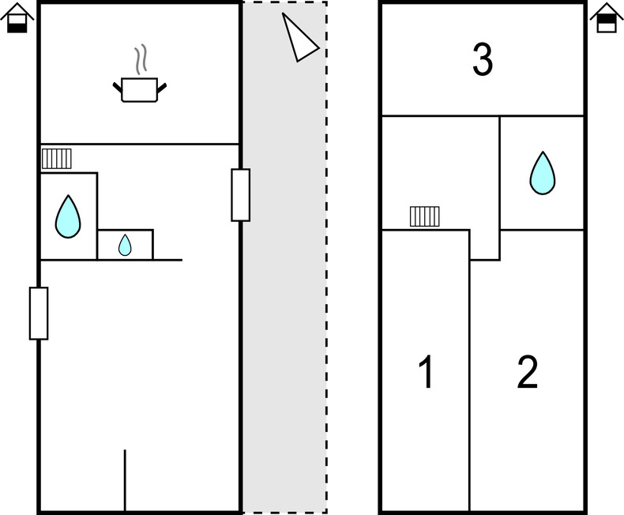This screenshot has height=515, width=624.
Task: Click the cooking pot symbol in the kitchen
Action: tap(140, 89)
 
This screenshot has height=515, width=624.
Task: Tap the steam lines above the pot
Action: tap(141, 60)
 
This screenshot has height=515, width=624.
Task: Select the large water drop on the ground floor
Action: tap(68, 216)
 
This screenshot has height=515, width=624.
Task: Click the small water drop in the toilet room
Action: tap(125, 245)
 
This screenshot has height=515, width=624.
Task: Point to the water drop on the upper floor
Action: tap(543, 173)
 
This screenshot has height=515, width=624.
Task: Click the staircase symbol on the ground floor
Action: tap(57, 159)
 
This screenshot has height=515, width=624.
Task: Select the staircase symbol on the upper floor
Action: tap(425, 216)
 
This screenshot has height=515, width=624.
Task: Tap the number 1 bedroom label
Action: tap(427, 372)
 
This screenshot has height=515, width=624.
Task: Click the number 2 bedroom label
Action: tap(528, 372)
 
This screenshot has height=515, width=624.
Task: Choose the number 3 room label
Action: tap(483, 59)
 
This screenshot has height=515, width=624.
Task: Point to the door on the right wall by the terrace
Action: tap(241, 195)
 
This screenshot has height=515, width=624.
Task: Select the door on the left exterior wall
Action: tap(39, 314)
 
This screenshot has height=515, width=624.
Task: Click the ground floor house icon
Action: tap(17, 18)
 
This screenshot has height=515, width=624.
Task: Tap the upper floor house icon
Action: tap(607, 18)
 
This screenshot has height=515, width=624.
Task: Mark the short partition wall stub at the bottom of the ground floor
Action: tap(125, 480)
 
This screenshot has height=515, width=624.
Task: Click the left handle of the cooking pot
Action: tap(118, 88)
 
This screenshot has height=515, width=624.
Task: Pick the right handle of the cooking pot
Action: tap(162, 88)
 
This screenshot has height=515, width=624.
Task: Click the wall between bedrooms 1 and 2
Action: tap(470, 370)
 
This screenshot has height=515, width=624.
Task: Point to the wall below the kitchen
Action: tap(140, 144)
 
